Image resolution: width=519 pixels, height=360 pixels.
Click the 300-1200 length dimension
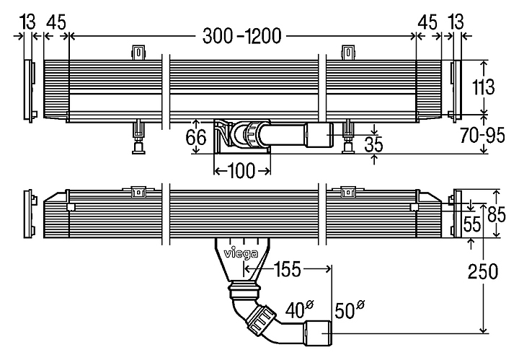point(242,34)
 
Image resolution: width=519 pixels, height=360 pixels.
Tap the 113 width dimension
point(484,87)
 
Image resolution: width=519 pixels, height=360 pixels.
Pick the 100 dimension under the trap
point(241,170)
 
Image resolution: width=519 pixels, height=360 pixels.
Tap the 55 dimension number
point(472,224)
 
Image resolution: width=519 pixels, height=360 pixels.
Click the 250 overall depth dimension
point(483,273)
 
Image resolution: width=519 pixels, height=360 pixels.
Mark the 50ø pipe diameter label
point(349,311)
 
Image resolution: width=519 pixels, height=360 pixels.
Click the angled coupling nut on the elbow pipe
point(259,320)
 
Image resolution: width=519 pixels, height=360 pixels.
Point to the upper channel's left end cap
point(29,90)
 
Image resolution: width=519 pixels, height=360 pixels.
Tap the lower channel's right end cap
point(456,213)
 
